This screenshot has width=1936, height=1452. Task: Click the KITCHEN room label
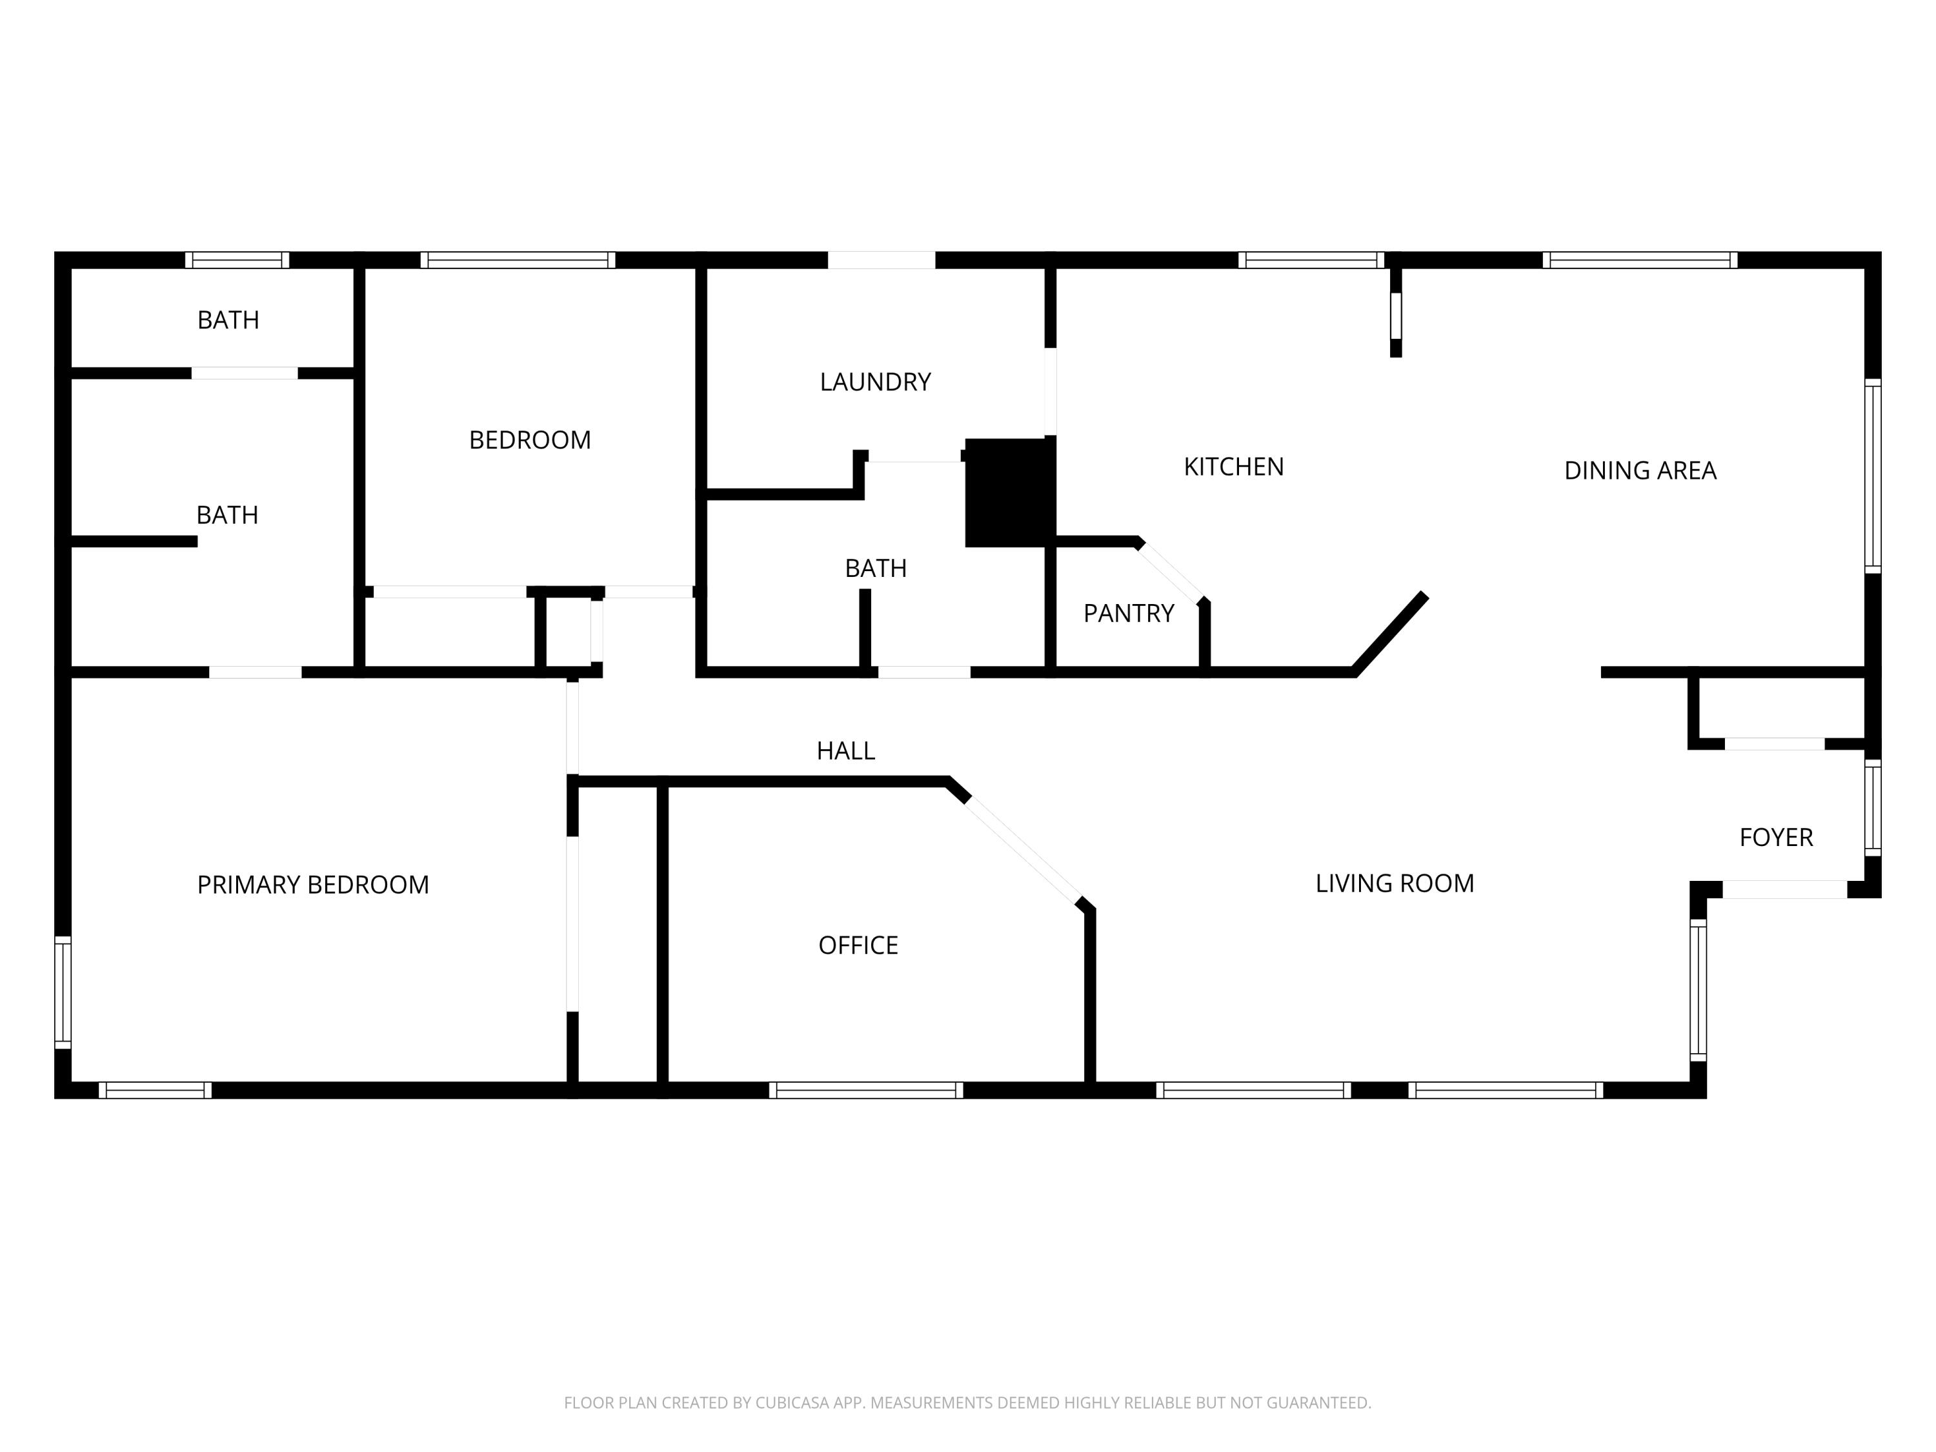(1233, 467)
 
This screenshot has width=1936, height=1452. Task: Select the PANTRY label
(1128, 614)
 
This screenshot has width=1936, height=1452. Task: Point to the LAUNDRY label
(874, 383)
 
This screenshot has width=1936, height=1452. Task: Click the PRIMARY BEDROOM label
(312, 885)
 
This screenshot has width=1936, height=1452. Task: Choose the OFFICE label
(858, 945)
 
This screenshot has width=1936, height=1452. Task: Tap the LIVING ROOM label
(1394, 883)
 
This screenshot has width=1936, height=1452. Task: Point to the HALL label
(845, 751)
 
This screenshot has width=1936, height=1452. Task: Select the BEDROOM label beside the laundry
(530, 440)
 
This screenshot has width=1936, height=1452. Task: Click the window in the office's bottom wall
(865, 1091)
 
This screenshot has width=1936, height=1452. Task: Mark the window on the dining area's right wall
(1872, 477)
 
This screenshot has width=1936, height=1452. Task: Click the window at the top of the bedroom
(518, 260)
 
